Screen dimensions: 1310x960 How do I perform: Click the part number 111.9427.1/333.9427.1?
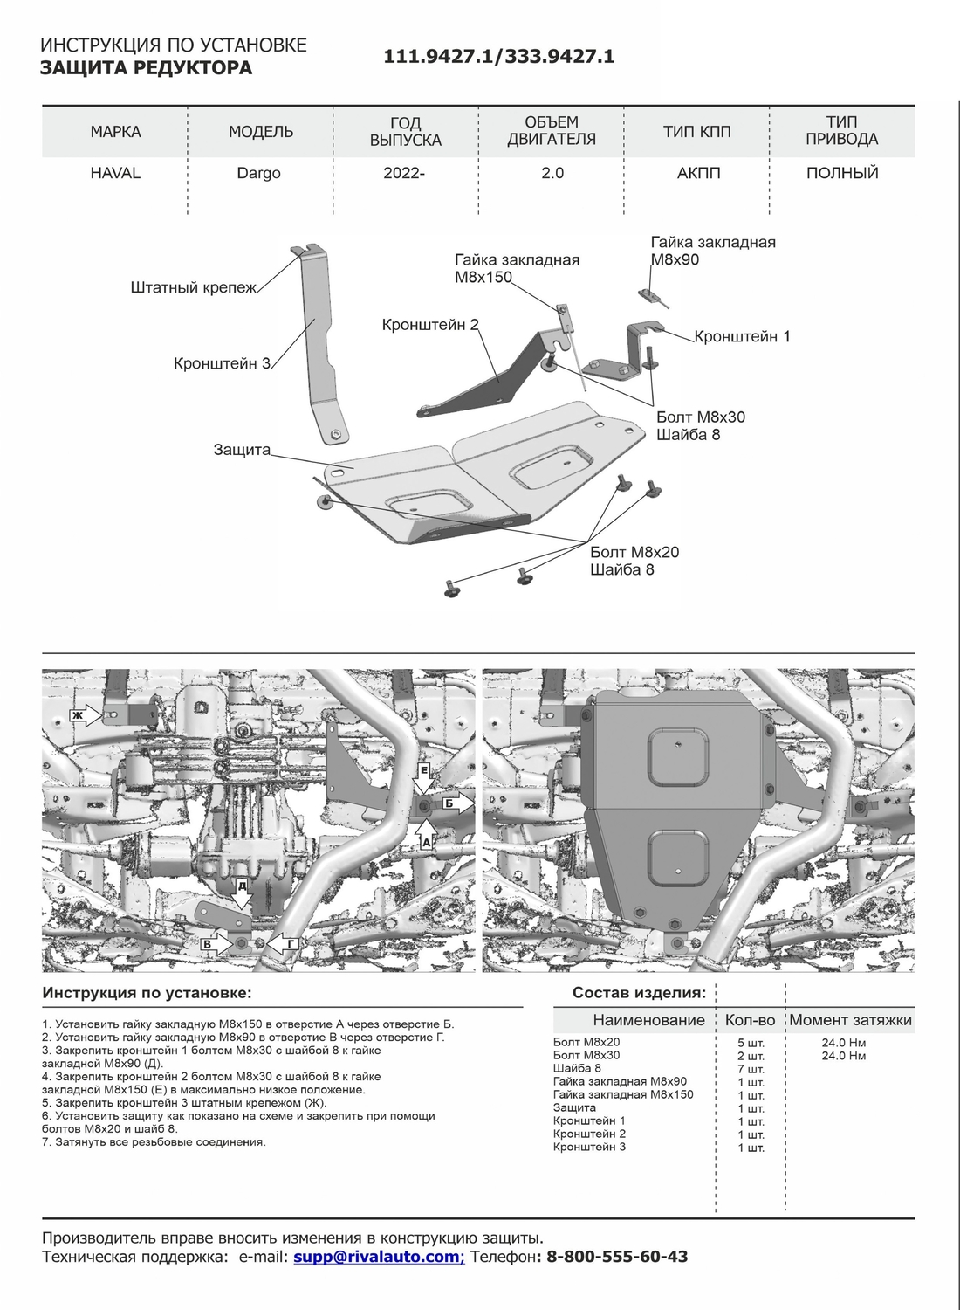tap(499, 57)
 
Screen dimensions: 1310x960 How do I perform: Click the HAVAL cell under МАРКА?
tap(115, 173)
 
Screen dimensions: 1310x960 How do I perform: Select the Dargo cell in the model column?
tap(259, 173)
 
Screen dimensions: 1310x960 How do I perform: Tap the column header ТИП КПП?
tap(696, 132)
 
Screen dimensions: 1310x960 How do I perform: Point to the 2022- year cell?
tap(404, 173)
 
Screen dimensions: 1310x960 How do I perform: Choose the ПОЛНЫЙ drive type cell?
tap(842, 173)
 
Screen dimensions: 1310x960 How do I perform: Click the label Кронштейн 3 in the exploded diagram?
tap(223, 363)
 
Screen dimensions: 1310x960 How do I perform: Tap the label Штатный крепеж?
tap(194, 287)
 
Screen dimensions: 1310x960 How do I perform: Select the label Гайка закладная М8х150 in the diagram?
tap(516, 268)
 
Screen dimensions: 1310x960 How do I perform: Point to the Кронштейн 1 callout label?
tap(742, 336)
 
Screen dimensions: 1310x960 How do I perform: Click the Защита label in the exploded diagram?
tap(242, 450)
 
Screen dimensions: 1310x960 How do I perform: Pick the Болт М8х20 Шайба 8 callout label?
tap(634, 561)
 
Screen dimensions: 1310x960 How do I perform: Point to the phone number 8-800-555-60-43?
tap(617, 1257)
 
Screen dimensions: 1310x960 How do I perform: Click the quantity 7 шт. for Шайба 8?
tap(751, 1069)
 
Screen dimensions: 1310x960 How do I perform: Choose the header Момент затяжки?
tap(851, 1020)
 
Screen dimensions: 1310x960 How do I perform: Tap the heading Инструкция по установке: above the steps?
tap(147, 993)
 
